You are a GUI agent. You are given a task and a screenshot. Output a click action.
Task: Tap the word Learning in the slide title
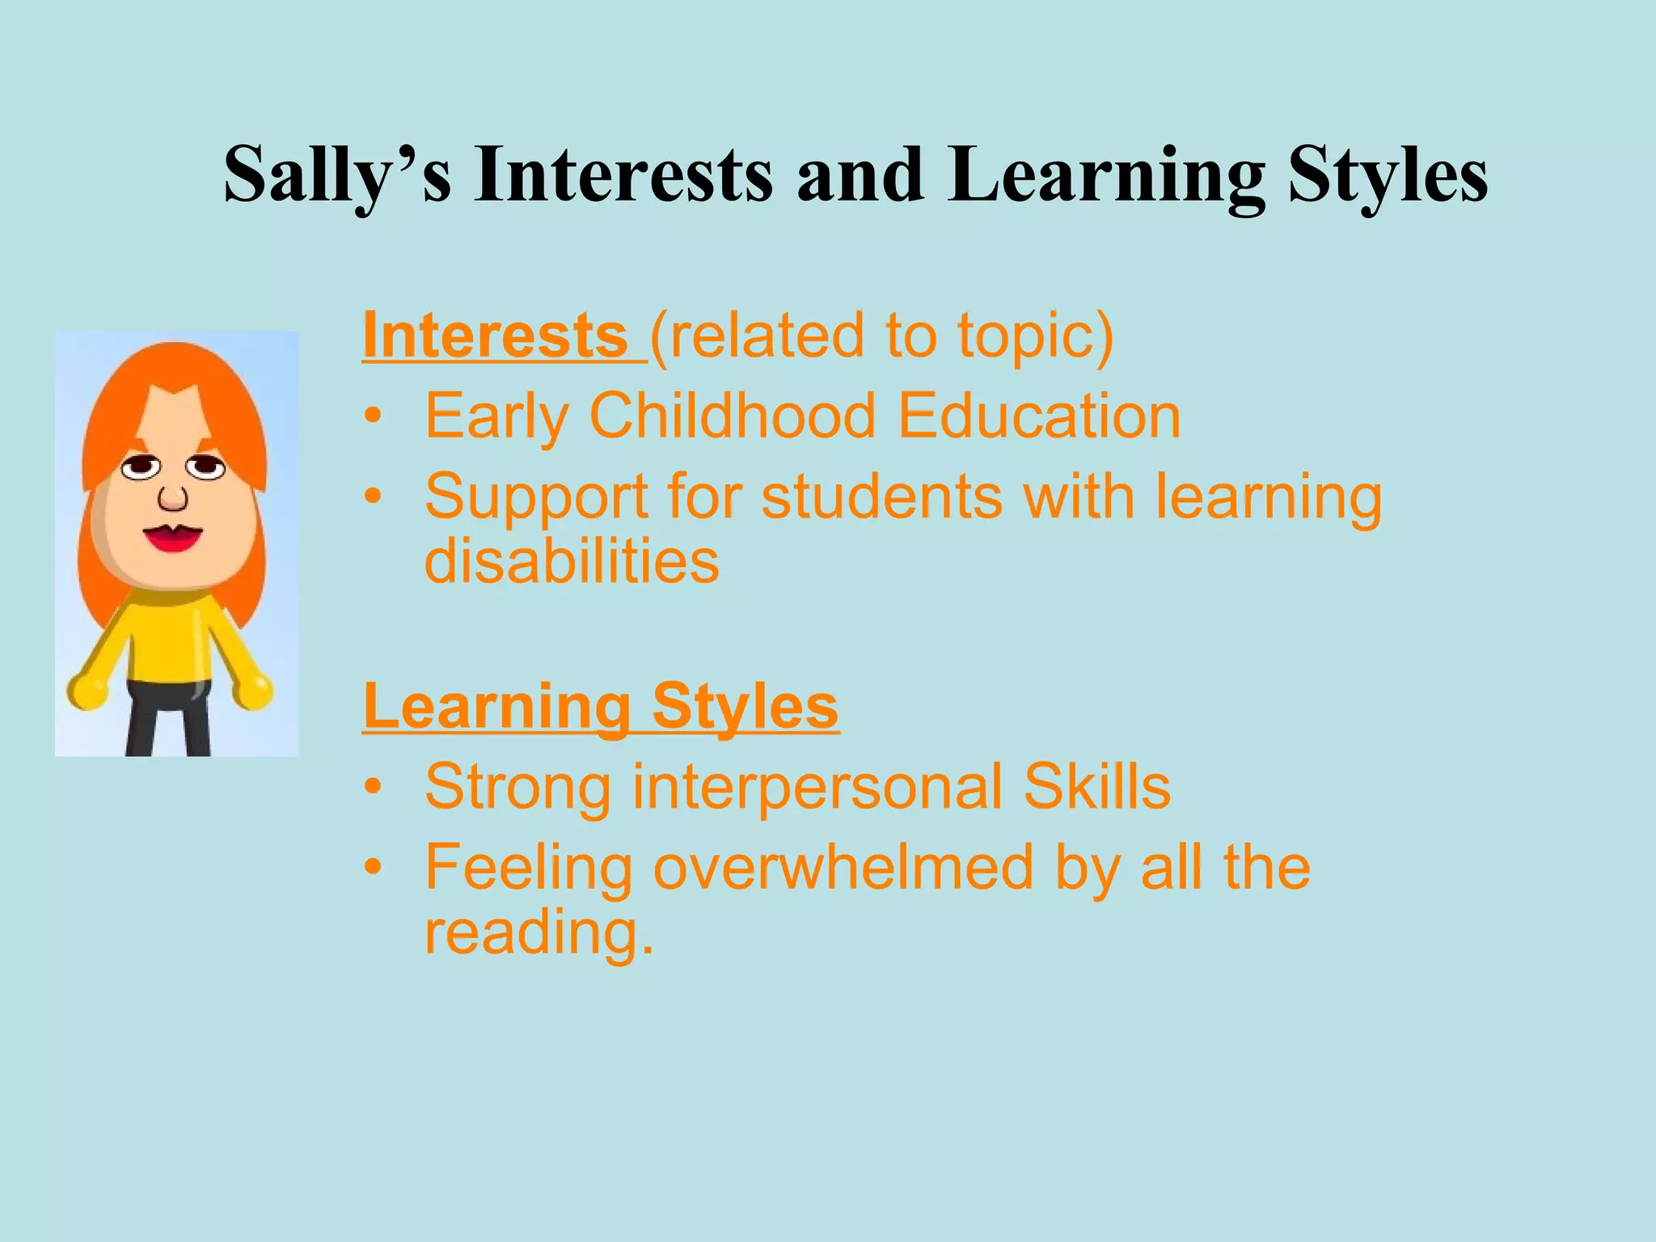click(1106, 175)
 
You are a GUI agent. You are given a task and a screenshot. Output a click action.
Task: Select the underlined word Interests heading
click(495, 336)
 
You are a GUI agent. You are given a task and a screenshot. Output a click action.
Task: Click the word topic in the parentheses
click(1024, 336)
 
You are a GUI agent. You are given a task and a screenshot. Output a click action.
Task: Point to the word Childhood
click(733, 416)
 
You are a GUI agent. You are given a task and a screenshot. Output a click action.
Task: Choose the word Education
click(1039, 416)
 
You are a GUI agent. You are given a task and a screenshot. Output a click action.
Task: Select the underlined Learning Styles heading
click(601, 706)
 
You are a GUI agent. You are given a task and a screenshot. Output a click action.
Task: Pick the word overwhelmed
click(843, 867)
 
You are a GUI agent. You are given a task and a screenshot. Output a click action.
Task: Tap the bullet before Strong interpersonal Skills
click(372, 788)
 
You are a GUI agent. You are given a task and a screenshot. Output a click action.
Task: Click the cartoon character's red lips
click(172, 538)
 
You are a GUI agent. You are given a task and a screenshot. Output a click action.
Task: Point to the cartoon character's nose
click(172, 498)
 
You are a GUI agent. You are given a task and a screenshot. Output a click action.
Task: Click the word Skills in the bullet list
click(1096, 786)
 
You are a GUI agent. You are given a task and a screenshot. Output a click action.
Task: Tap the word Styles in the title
click(1388, 175)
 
